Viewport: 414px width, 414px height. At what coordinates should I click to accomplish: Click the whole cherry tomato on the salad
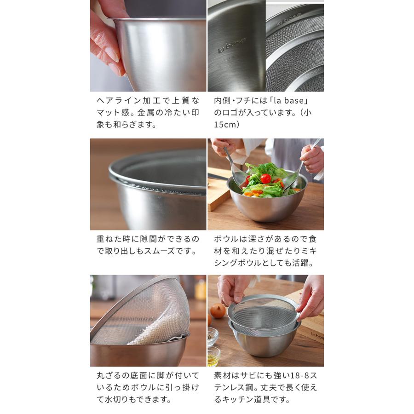tap(265, 178)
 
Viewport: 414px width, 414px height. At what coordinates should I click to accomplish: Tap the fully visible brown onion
tap(218, 310)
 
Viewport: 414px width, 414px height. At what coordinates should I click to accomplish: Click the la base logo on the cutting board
tap(317, 334)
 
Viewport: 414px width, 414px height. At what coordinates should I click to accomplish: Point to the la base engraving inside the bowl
tap(232, 43)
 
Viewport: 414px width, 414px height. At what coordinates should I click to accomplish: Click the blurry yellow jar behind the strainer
tap(201, 289)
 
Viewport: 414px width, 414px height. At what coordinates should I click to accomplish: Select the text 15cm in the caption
tap(226, 125)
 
